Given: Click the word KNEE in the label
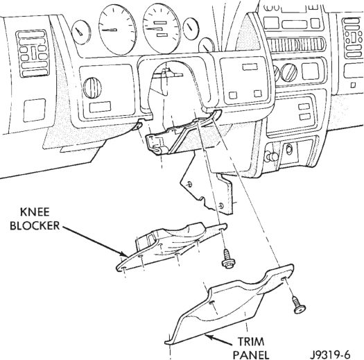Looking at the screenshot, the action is (35, 212).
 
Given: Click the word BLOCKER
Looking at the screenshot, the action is (35, 225).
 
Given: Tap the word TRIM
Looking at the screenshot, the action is (251, 342).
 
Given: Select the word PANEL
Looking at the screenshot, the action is (251, 355).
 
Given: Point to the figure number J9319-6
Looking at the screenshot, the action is (330, 354).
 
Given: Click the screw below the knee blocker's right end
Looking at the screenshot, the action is (228, 259).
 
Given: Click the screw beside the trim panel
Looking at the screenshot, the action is (299, 305).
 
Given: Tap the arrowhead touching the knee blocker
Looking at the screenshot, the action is (124, 254).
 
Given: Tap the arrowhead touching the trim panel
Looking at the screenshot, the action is (209, 336).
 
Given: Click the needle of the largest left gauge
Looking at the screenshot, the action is (110, 30).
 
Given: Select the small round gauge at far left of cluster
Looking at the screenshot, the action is (81, 32).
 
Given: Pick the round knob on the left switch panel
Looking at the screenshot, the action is (92, 88).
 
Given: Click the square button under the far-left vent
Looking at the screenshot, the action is (35, 110).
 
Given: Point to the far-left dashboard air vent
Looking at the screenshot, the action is (33, 53).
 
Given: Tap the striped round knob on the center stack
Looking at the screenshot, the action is (289, 72).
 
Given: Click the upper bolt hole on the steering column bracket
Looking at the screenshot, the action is (190, 184).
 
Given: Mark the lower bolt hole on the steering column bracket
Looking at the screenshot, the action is (220, 206).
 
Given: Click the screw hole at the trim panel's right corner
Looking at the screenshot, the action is (284, 279).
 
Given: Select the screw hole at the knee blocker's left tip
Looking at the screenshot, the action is (123, 269).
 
